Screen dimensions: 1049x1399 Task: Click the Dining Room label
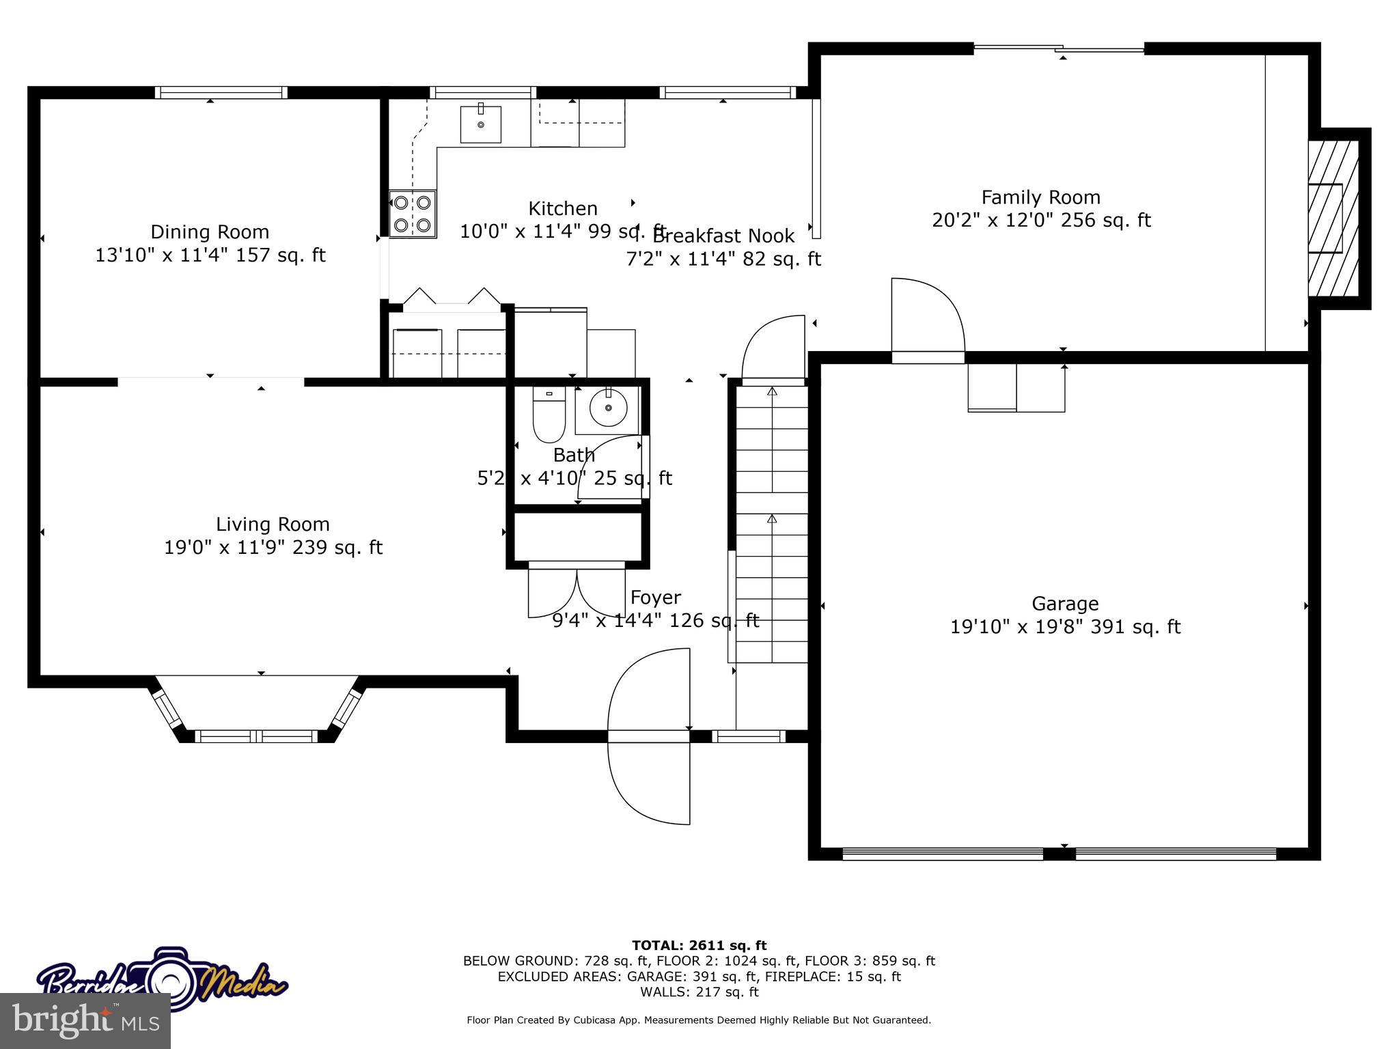[210, 232]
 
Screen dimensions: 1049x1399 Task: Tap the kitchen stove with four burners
[413, 214]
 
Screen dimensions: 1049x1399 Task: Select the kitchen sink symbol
[480, 124]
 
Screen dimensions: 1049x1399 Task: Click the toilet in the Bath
[549, 415]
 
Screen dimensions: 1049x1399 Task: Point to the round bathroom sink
[607, 408]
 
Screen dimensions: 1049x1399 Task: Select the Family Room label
[1040, 198]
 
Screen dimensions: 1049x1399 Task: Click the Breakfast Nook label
[723, 236]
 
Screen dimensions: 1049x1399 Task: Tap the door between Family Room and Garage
[927, 321]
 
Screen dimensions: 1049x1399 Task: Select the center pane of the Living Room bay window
[256, 736]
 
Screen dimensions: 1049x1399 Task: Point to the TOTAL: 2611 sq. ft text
[699, 945]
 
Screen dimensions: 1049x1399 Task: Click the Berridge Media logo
[163, 981]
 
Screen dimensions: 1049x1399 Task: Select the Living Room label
[273, 524]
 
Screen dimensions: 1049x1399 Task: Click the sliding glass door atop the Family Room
[1058, 48]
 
